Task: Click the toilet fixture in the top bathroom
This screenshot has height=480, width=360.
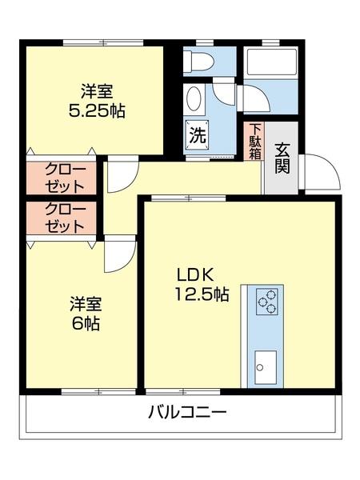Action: click(x=198, y=61)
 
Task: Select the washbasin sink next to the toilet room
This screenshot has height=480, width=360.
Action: click(x=194, y=100)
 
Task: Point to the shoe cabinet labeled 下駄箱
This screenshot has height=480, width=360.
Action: click(x=254, y=141)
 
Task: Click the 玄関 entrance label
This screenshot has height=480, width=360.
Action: click(x=282, y=158)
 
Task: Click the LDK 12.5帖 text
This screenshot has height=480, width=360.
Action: click(x=202, y=284)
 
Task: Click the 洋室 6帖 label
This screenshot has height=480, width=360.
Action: click(x=84, y=314)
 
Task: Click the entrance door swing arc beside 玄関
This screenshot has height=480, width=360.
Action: click(x=316, y=170)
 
